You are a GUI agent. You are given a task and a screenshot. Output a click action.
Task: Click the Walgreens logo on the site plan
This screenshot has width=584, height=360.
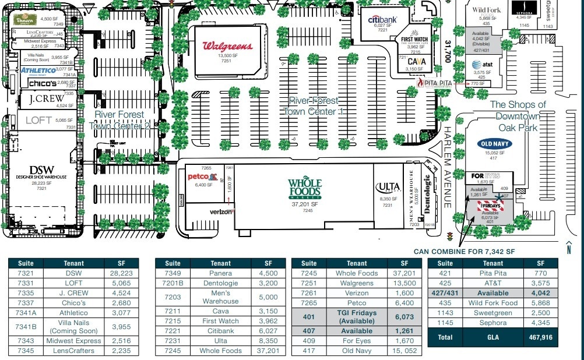coord(227,46)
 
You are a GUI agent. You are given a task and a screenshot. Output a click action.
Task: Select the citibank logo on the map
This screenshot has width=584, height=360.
coord(383,19)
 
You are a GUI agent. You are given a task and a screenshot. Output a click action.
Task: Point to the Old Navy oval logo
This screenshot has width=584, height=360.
coord(494,143)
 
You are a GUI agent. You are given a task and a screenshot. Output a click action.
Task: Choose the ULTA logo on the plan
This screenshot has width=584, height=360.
coord(388,188)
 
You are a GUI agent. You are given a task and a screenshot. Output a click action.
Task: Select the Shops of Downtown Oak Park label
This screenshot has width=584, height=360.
coord(518,116)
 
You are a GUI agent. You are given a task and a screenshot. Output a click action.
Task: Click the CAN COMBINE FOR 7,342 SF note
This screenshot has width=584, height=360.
coord(465,252)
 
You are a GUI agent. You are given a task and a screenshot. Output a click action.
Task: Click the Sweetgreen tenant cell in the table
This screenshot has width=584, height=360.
coord(492,313)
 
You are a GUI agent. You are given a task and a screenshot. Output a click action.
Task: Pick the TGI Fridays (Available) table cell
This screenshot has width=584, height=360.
coord(357,317)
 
